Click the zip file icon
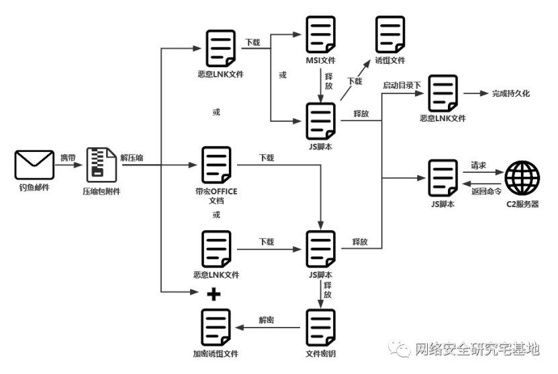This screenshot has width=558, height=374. (101, 165)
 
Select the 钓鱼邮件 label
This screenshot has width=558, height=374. (34, 186)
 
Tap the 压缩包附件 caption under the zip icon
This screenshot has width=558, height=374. (101, 192)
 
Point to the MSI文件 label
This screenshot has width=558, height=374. (320, 61)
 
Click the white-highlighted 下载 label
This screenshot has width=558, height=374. (355, 81)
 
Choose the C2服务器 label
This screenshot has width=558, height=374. (522, 204)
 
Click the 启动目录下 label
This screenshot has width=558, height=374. (402, 85)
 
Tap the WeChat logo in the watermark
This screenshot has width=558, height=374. (399, 347)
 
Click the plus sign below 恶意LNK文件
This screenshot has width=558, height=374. (214, 293)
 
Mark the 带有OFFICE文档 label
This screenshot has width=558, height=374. (215, 196)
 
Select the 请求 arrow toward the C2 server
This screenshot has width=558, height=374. (481, 172)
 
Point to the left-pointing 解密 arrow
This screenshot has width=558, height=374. (267, 328)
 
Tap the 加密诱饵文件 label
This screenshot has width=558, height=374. (216, 353)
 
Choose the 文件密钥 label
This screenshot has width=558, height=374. (320, 353)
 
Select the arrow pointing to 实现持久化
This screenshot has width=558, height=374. (476, 93)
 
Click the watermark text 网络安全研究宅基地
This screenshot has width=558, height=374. (476, 348)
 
